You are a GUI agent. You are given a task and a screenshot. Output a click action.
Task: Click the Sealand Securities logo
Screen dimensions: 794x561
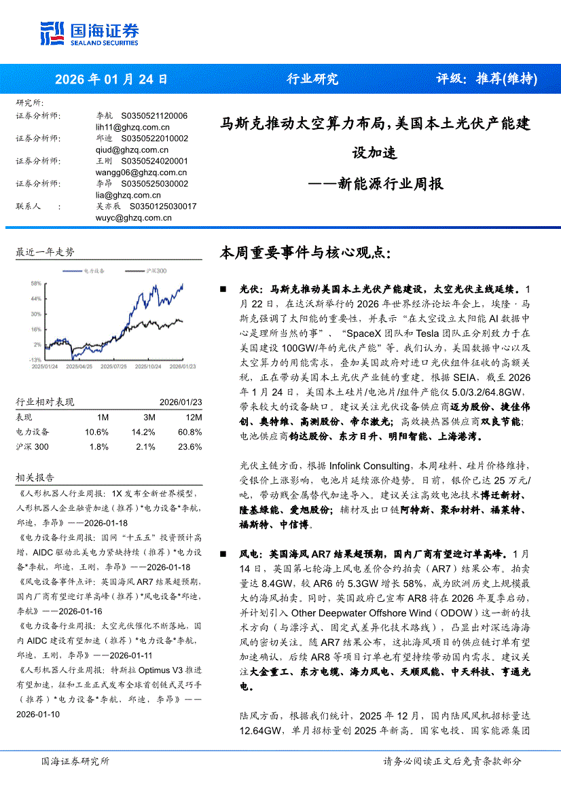(x=90, y=32)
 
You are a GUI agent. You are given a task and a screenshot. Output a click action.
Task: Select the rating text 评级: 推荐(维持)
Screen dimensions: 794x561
(x=486, y=79)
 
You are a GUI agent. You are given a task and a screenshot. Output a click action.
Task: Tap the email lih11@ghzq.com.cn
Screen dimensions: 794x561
(x=132, y=127)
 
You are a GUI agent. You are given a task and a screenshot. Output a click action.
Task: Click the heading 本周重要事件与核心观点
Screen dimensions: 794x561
(x=305, y=253)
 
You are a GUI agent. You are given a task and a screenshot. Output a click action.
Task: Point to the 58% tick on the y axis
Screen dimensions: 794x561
(x=36, y=283)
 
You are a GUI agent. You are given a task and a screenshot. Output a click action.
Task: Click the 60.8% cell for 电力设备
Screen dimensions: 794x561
(x=190, y=432)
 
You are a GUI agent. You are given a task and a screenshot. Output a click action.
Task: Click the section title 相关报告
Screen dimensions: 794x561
(x=35, y=477)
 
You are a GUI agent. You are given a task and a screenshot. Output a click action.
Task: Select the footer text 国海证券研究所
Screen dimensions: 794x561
(x=75, y=780)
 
